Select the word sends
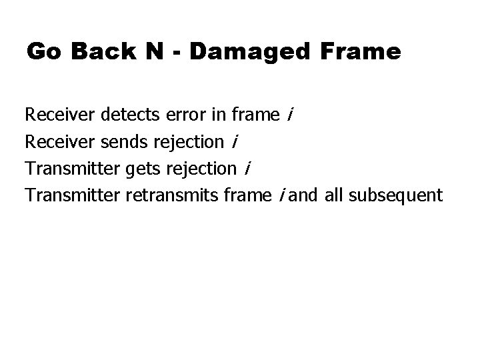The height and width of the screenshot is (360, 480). (x=126, y=142)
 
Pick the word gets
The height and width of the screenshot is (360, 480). (x=141, y=169)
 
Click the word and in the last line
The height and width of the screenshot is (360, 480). (x=304, y=195)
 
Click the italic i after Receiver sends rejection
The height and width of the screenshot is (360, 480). (x=235, y=142)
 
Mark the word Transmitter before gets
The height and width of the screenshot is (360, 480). (x=73, y=169)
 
